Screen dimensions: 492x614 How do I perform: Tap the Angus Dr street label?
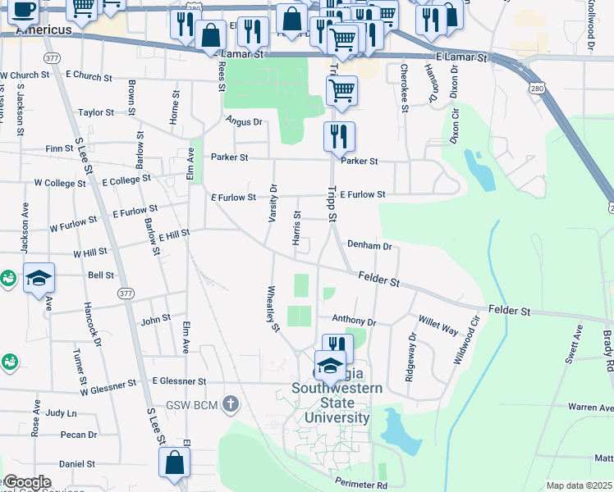[244, 121]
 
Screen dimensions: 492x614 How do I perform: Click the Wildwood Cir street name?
[465, 340]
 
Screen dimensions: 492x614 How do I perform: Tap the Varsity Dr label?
[272, 203]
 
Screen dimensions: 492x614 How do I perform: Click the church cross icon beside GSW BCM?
[231, 403]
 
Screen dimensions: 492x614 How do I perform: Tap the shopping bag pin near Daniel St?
[176, 462]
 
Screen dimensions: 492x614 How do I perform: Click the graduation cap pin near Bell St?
[38, 280]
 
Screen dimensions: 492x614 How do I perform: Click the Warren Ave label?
[591, 407]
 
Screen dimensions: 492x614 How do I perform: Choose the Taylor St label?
[96, 112]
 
